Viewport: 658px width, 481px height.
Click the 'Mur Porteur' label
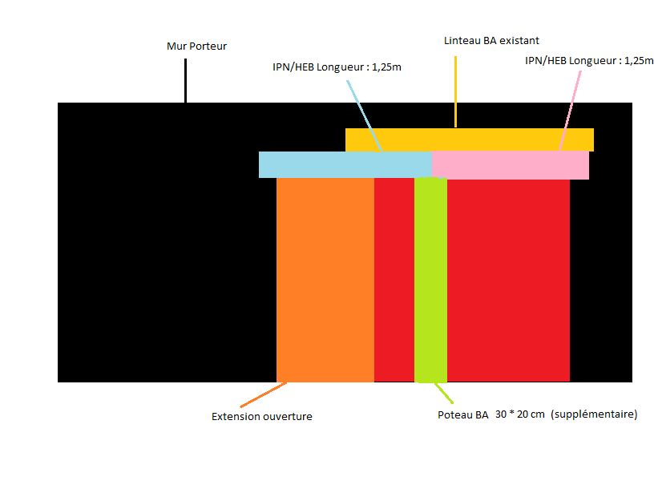[196, 46]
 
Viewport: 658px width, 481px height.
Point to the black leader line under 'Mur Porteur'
[185, 80]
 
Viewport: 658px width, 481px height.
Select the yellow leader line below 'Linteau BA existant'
[456, 92]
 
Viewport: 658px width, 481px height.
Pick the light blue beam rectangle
[345, 164]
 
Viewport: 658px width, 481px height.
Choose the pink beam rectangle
[511, 164]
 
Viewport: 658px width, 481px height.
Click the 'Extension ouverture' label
[261, 417]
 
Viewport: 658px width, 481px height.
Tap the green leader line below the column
[443, 393]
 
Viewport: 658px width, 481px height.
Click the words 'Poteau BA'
[462, 415]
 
